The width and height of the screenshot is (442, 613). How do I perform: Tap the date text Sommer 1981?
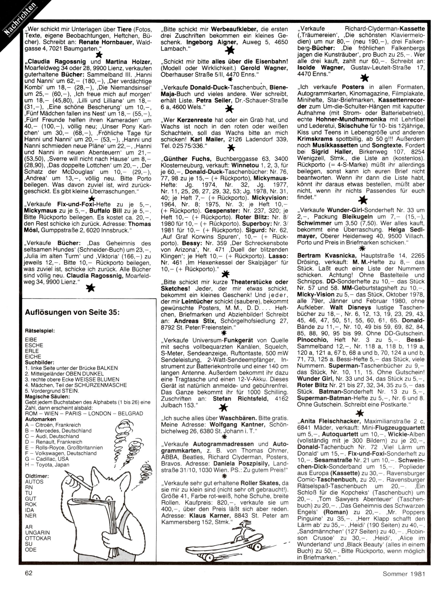[404, 574]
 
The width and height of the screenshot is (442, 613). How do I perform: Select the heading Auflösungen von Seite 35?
[72, 312]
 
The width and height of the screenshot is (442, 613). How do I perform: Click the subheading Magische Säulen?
[47, 396]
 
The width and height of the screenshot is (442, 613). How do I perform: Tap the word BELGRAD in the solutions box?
[131, 414]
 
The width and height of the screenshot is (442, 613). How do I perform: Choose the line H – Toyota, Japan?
[47, 465]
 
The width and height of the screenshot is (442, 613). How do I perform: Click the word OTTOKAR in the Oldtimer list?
[38, 538]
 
